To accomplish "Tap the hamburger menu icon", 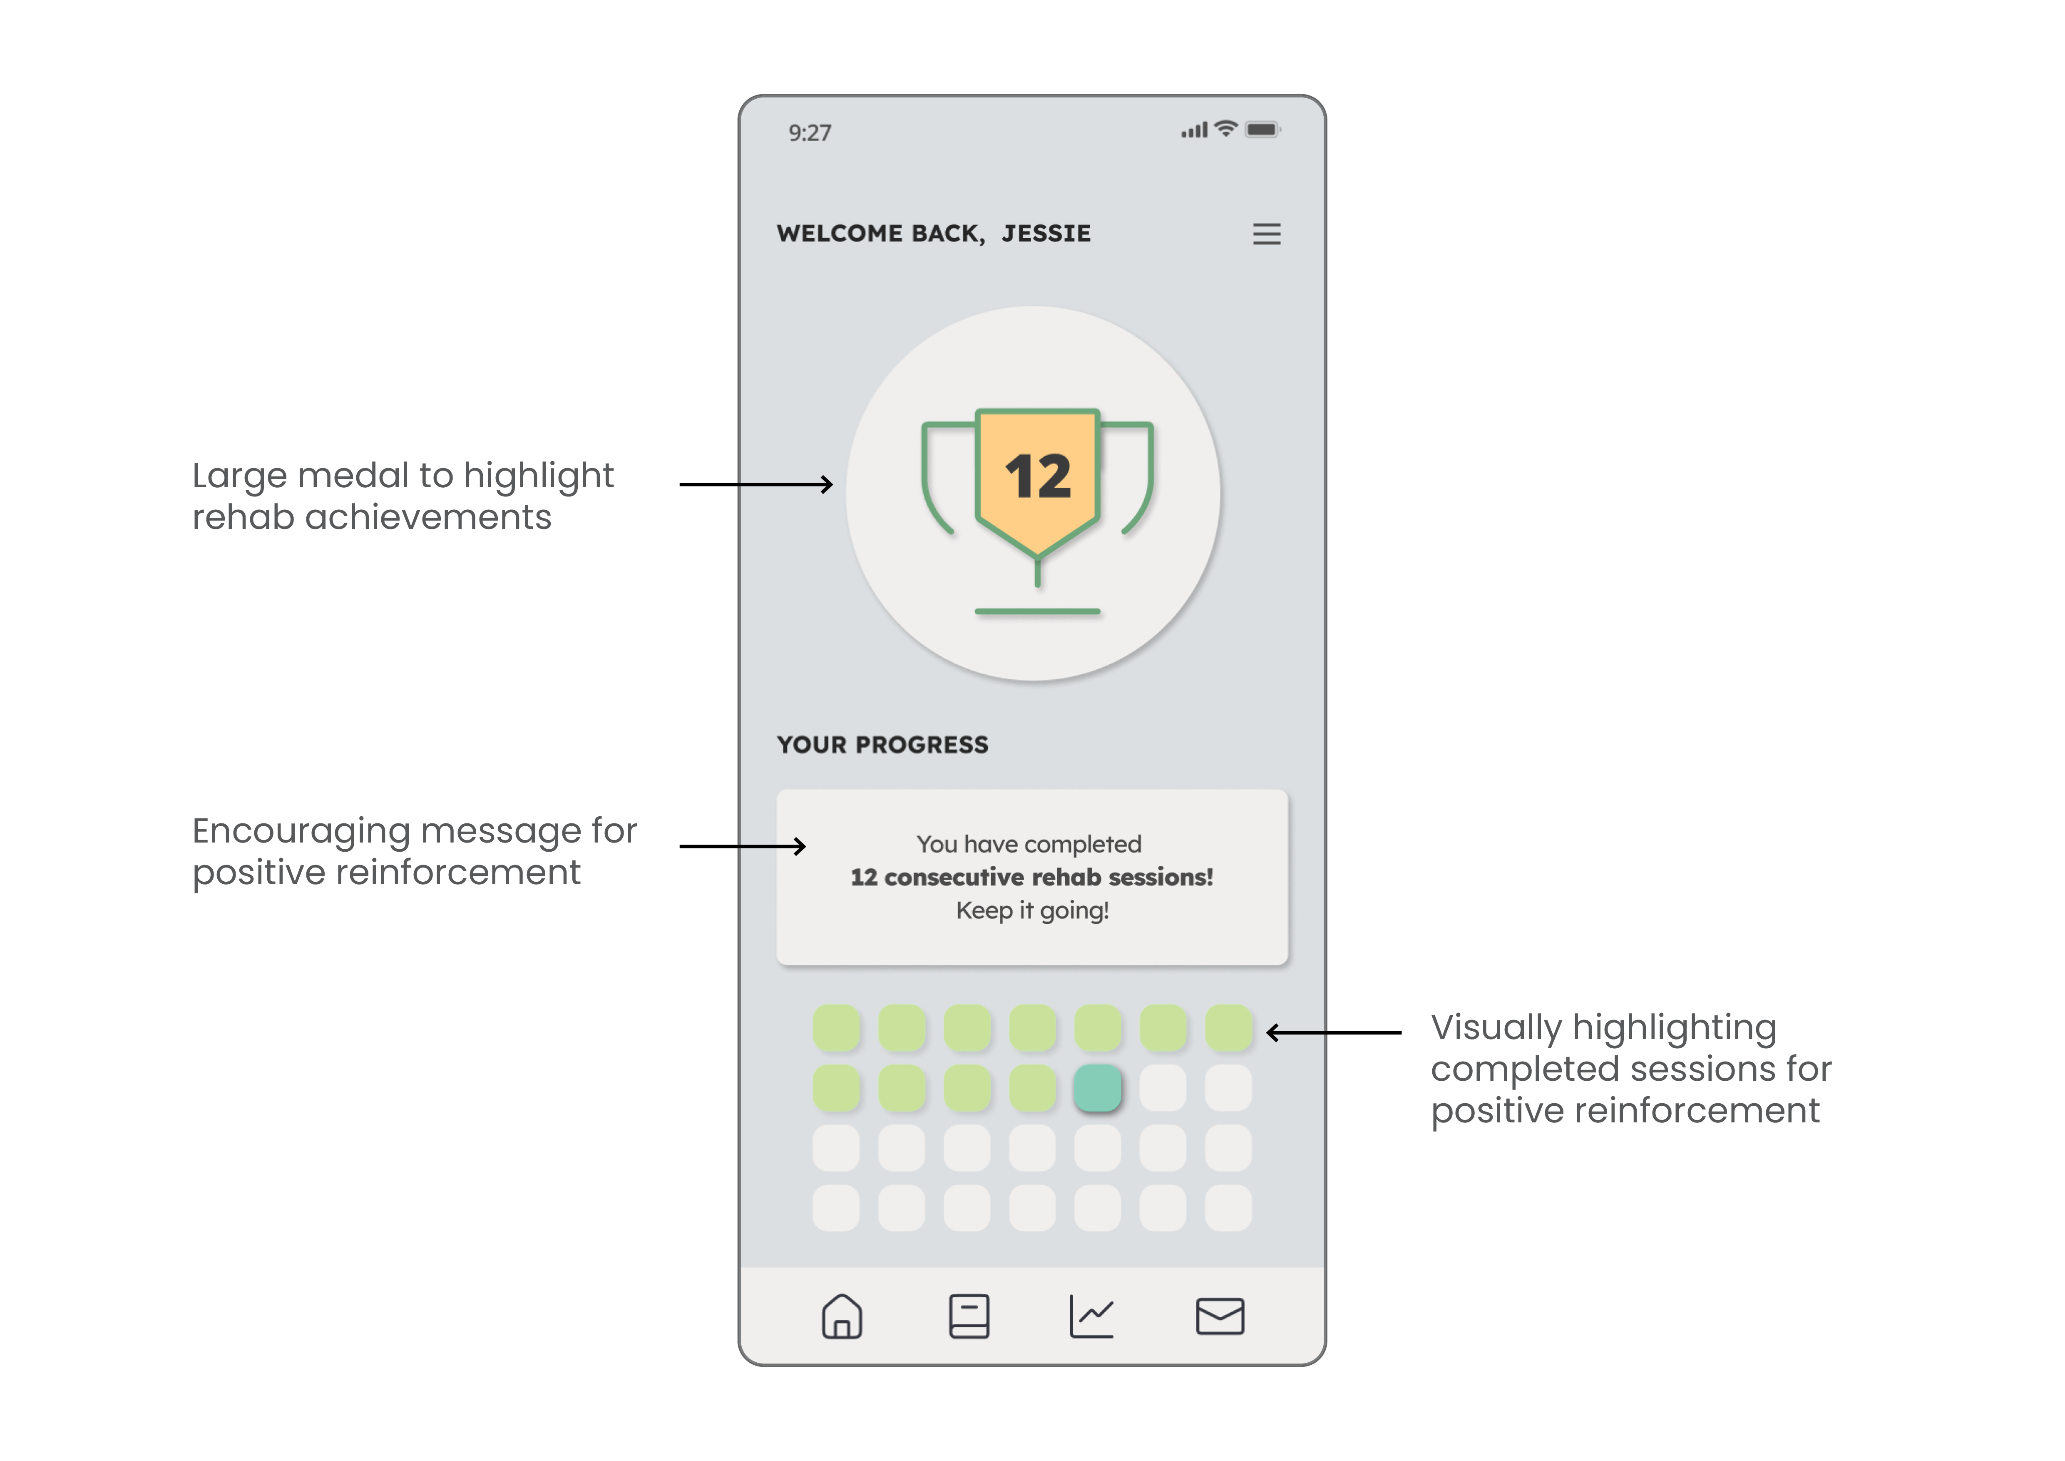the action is [1266, 234].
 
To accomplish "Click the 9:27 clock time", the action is [810, 133].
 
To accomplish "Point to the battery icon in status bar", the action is [1262, 130].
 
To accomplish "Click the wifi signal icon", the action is [1225, 129].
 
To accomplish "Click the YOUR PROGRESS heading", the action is [882, 745].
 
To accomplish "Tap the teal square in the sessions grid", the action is [1097, 1088].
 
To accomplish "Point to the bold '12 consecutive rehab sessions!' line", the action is [1032, 877].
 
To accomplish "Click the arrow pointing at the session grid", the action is [1334, 1033].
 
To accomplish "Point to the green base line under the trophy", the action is [1038, 612].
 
